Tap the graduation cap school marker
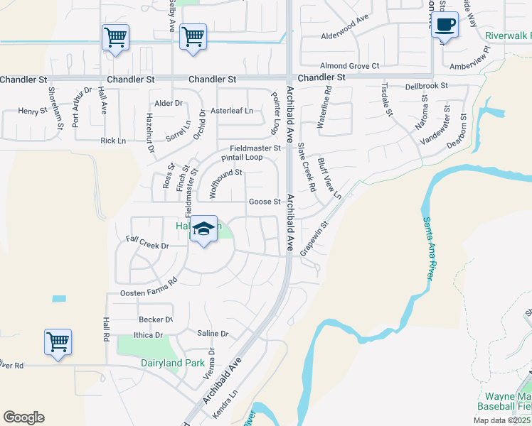(204, 229)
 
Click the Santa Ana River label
(428, 248)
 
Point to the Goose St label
(264, 202)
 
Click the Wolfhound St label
(225, 182)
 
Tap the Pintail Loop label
(242, 158)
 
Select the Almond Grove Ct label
(350, 65)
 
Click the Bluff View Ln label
(330, 177)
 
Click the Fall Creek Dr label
(147, 245)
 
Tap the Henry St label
(32, 111)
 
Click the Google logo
(23, 417)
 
